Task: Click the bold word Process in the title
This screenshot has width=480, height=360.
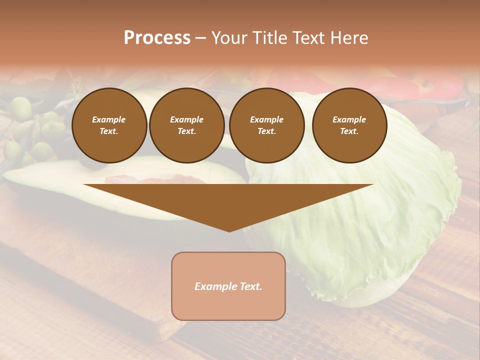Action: click(x=157, y=38)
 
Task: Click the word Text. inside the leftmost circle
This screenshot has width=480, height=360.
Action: click(x=109, y=131)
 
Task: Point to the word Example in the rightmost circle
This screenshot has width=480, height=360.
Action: click(x=349, y=119)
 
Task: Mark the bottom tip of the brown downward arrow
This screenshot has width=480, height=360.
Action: click(x=229, y=231)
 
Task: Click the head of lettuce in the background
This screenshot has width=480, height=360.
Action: click(x=380, y=225)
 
